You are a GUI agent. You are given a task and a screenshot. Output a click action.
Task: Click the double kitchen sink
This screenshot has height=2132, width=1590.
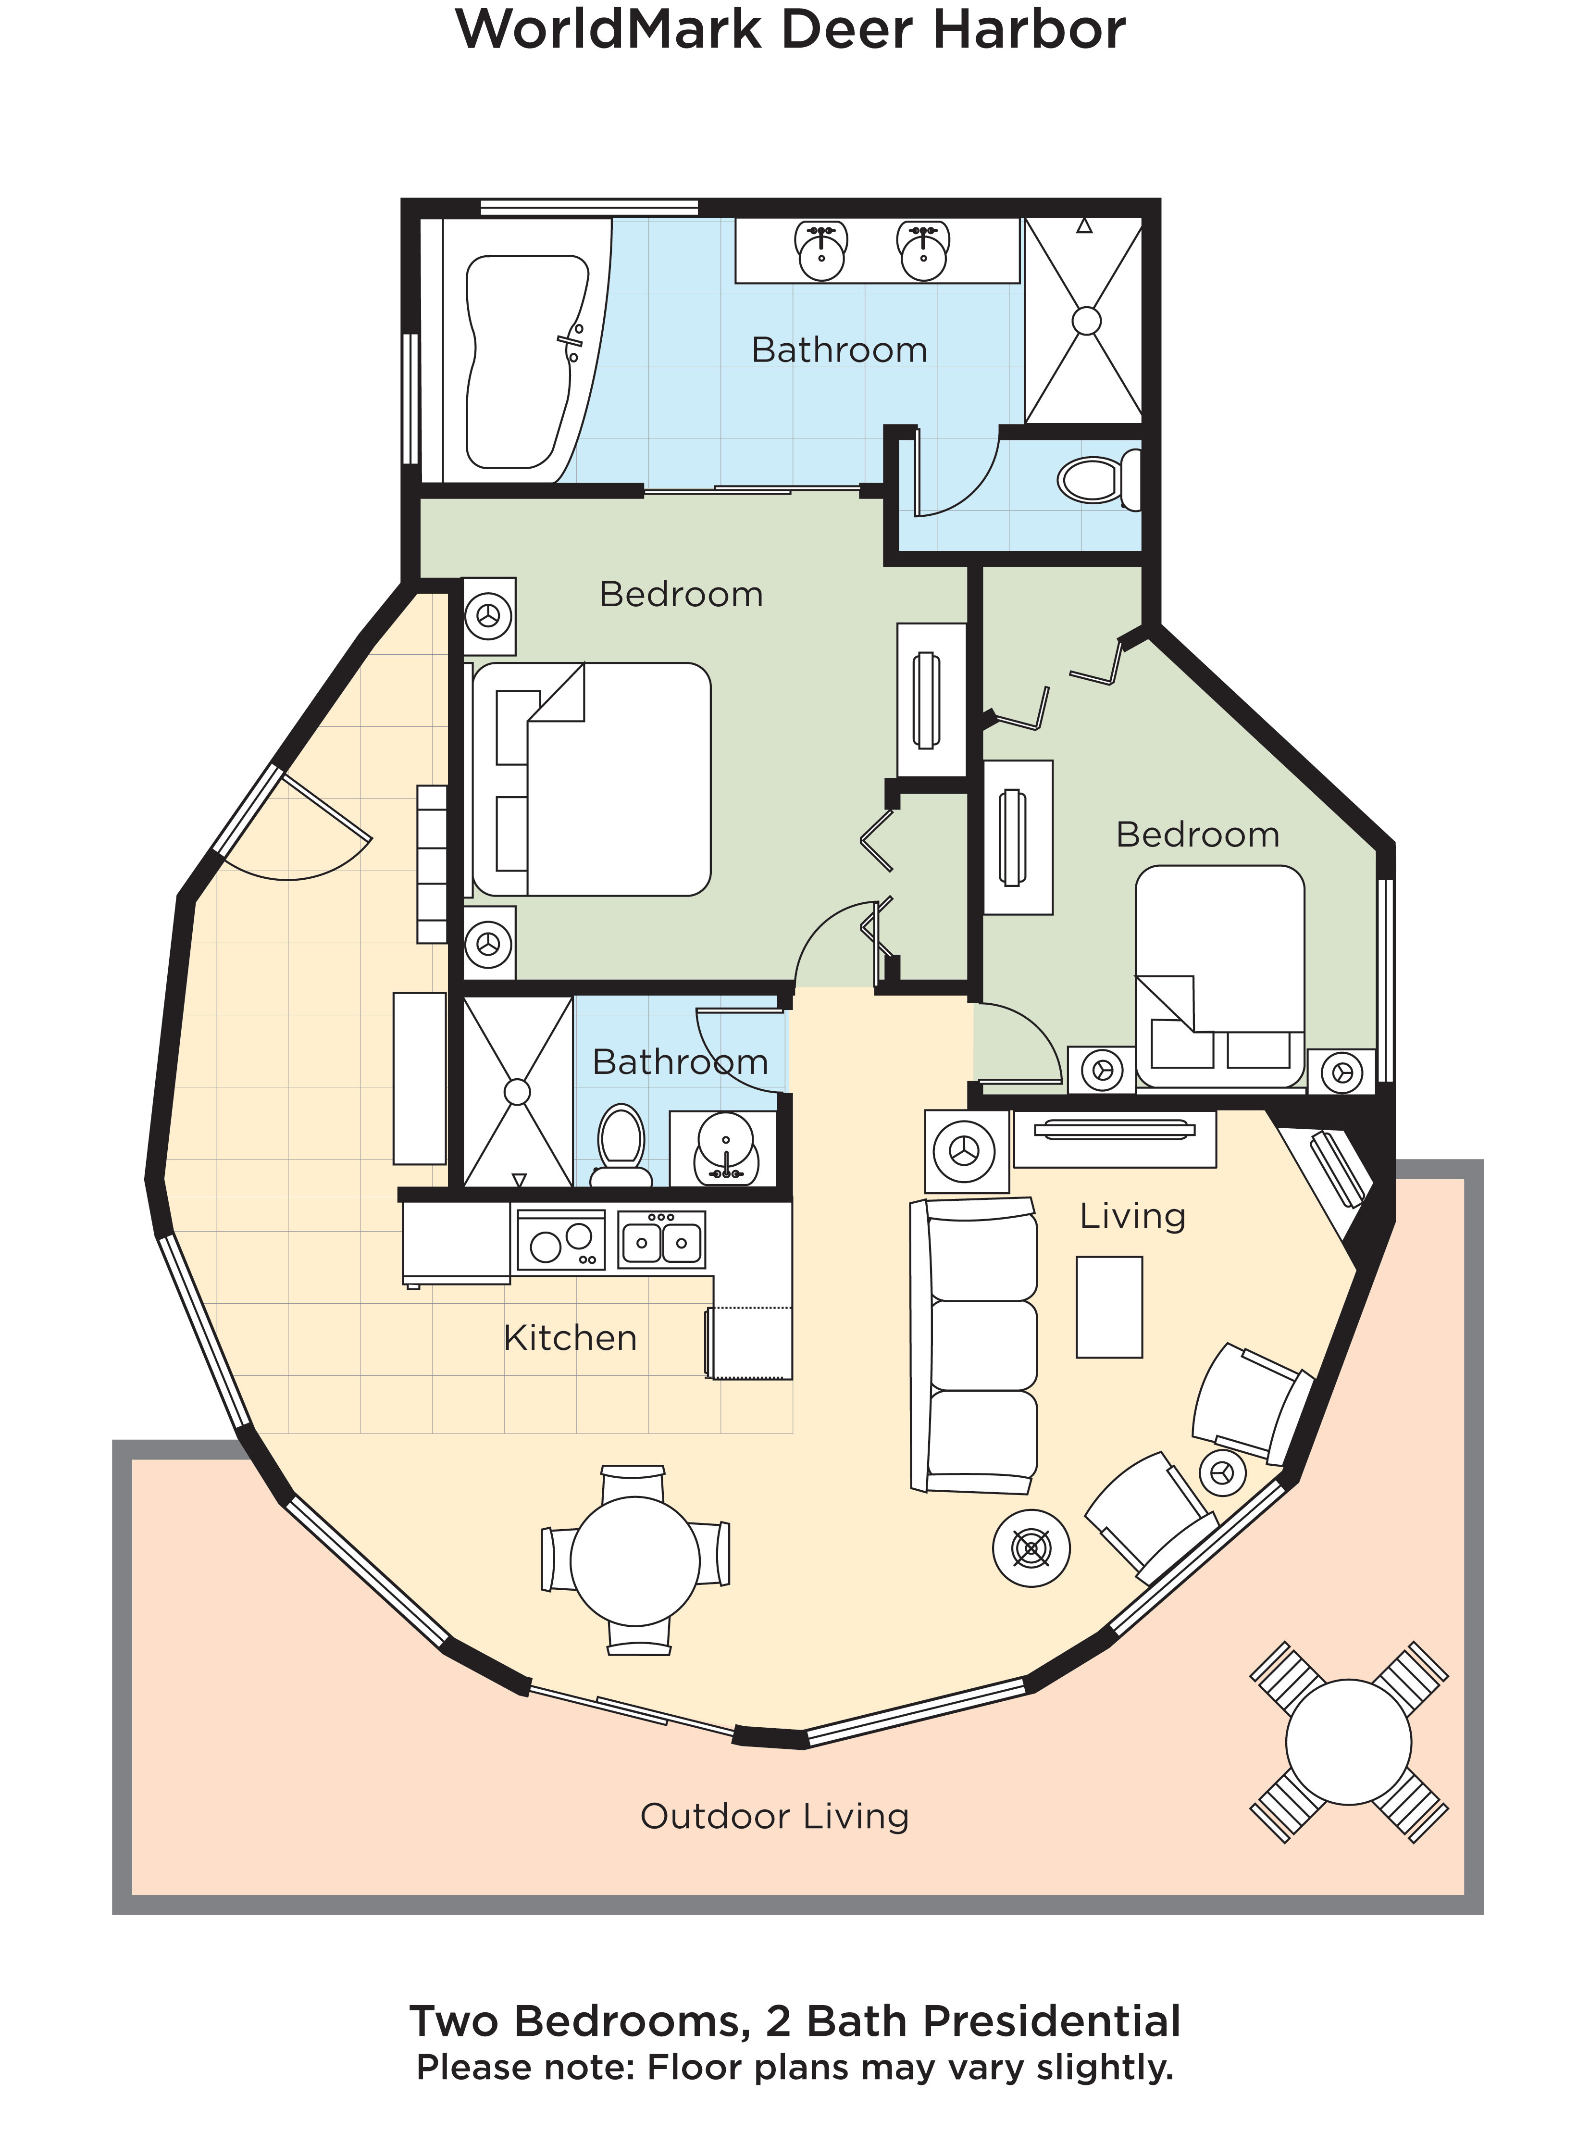[661, 1241]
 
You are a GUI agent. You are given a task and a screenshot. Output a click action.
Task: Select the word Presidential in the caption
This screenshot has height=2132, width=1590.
[1051, 2021]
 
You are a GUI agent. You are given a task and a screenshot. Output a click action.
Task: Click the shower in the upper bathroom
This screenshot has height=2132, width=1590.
[1085, 321]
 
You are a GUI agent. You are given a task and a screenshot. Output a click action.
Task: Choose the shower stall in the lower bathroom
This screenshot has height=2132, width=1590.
[518, 1092]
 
